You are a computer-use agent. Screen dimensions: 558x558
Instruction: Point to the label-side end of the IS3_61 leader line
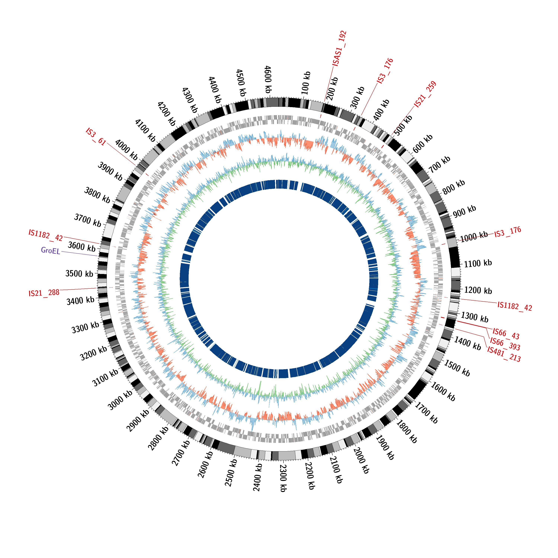tap(107, 143)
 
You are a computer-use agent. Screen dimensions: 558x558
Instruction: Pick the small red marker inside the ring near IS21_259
tap(383, 147)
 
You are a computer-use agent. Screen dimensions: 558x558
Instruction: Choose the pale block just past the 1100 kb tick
tap(456, 272)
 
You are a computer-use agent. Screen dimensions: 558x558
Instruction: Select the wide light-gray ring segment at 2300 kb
tap(286, 456)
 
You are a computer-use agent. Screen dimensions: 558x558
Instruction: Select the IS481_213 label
tap(504, 354)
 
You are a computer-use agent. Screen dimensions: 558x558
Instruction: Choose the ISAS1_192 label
tap(339, 49)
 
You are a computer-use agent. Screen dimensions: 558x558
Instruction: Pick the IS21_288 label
tap(44, 293)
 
